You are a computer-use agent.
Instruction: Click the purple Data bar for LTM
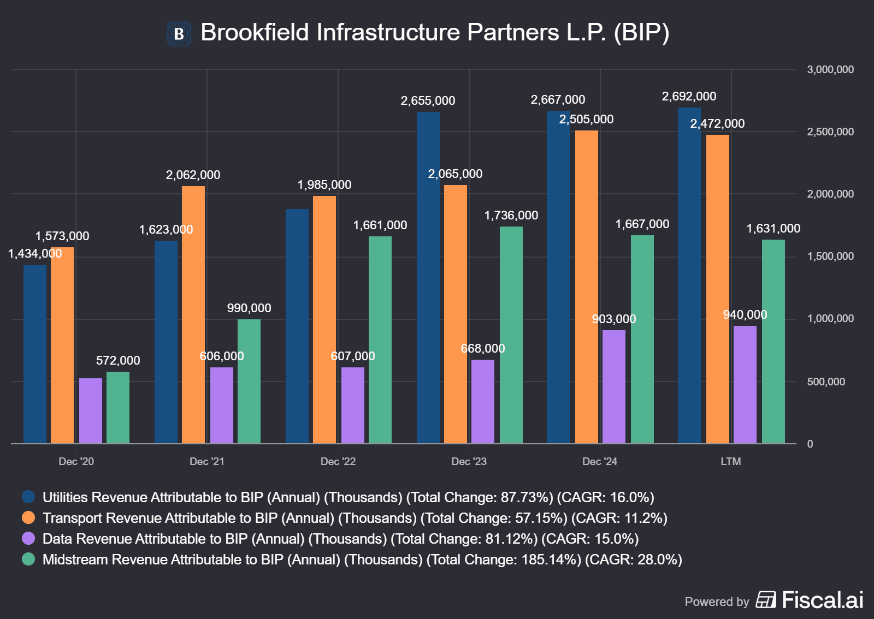coord(745,384)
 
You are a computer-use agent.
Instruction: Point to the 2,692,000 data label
coord(689,97)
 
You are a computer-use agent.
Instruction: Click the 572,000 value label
coord(118,361)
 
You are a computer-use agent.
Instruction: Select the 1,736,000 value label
coord(511,216)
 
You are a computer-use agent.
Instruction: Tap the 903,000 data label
coord(614,319)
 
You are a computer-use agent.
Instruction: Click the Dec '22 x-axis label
coord(338,462)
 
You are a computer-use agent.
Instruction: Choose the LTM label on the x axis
coord(731,462)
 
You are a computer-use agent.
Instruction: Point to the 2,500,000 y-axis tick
coord(830,132)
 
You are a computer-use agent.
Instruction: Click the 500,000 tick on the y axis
coord(826,382)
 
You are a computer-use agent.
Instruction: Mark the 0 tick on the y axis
coord(810,444)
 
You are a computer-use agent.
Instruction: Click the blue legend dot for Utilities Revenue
coord(28,497)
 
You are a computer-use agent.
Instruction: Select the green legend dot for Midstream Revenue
coord(28,559)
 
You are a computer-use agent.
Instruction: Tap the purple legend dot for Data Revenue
coord(28,538)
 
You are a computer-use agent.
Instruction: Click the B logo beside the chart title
coord(179,34)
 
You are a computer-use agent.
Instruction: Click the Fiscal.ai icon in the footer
coord(766,600)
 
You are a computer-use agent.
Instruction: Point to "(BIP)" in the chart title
coord(641,33)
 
